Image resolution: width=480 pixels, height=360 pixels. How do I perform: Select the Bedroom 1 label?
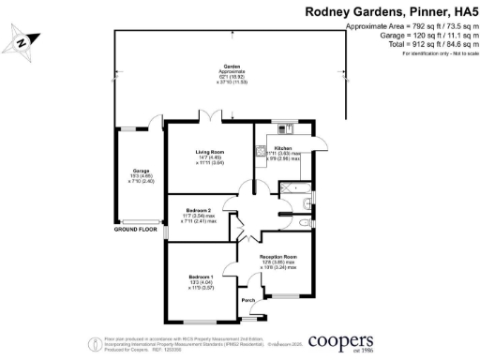tap(201, 277)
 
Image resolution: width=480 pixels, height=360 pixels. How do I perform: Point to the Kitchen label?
tap(283, 148)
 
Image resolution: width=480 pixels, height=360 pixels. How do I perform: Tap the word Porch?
tap(248, 300)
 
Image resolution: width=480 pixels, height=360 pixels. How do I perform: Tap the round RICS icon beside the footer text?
tap(95, 342)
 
